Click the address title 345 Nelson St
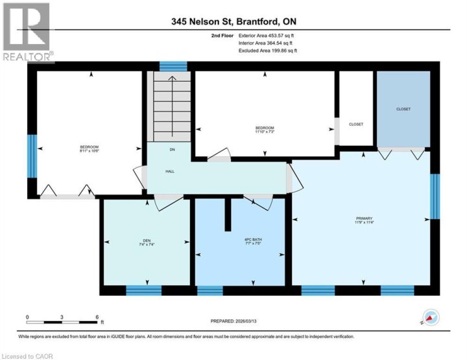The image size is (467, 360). tap(233, 21)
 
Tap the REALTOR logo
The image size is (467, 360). tap(27, 32)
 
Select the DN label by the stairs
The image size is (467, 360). tap(172, 150)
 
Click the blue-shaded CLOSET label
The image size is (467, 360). tap(403, 109)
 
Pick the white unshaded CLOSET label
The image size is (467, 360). tap(356, 124)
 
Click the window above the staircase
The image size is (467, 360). tap(173, 66)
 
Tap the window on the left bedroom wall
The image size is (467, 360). tap(31, 156)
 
